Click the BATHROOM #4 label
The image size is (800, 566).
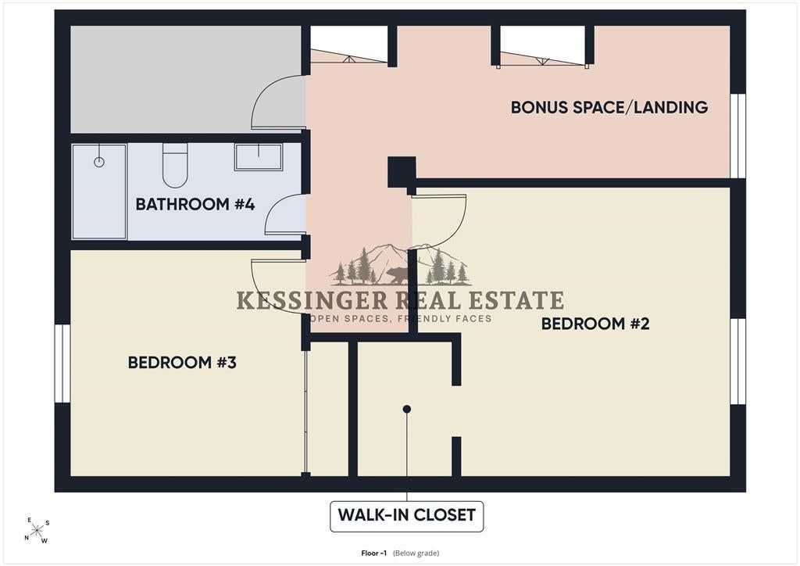coord(195,204)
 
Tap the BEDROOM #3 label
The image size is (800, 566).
coord(182,363)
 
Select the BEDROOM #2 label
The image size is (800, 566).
coord(595,324)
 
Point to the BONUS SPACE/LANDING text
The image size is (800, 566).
coord(609,107)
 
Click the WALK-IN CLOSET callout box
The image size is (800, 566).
coord(406,517)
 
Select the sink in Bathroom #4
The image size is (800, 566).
coord(259,156)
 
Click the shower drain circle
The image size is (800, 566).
coord(99,163)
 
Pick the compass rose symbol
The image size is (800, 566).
coord(37,531)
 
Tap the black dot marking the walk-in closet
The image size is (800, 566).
coord(406,409)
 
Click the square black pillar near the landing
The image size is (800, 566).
coord(402,172)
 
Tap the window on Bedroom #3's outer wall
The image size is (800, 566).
coord(62,363)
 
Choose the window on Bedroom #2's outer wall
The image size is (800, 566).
coord(737,361)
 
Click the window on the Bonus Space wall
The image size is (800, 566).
coord(737,136)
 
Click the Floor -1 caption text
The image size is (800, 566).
coord(400,553)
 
